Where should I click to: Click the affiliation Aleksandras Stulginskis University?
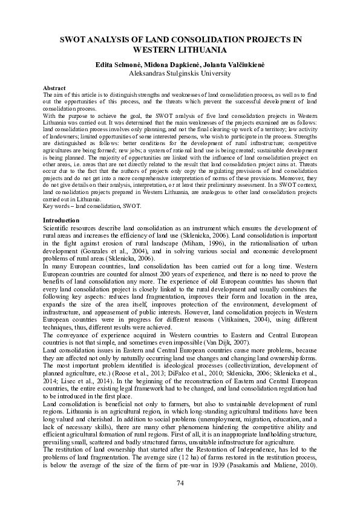click(180, 73)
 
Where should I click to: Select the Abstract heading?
click(56, 88)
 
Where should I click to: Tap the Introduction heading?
click(62, 220)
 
